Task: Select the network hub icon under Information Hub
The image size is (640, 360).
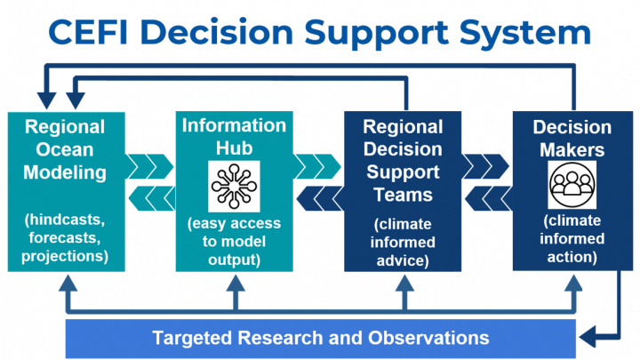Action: (234, 186)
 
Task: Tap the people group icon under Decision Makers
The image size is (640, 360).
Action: (572, 185)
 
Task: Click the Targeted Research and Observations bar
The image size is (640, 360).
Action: (320, 338)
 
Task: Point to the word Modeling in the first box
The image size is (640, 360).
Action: (65, 172)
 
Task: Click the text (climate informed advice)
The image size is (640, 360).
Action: (403, 242)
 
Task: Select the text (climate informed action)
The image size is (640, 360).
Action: (572, 239)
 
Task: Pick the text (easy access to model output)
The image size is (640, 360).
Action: (234, 241)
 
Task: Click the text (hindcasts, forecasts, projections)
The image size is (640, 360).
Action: (65, 237)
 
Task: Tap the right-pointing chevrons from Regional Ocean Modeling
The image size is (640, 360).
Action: (149, 166)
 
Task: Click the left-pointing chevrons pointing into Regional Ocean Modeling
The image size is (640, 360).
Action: (152, 198)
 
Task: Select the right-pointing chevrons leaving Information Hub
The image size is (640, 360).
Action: (317, 166)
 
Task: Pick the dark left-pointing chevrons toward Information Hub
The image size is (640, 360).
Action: (320, 198)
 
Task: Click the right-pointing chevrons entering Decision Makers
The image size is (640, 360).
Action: (485, 166)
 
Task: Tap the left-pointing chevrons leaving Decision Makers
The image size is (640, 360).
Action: (489, 198)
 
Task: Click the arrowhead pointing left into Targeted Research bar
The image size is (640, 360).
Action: (588, 337)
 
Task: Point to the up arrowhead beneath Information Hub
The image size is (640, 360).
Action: (236, 284)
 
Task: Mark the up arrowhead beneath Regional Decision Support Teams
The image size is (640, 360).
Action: (404, 284)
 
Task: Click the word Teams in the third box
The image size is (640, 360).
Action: (403, 195)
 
